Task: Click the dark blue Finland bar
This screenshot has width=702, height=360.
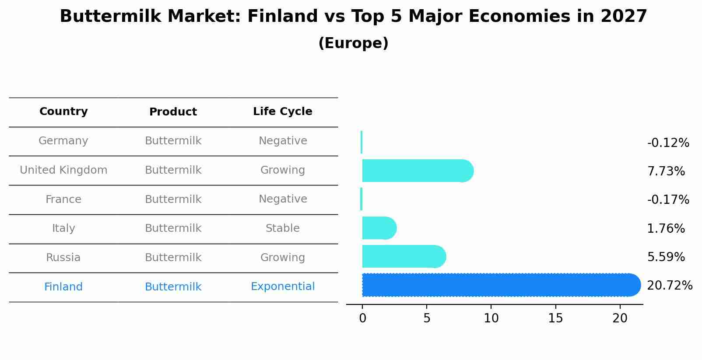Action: coord(502,285)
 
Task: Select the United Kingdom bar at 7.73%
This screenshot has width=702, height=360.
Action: coord(418,171)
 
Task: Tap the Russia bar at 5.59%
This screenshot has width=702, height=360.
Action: coord(404,256)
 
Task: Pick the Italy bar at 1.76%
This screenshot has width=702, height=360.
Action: coord(379,228)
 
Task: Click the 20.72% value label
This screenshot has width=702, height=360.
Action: coord(670,286)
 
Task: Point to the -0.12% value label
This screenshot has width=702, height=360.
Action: coord(668,143)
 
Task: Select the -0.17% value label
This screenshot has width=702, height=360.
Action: coord(668,199)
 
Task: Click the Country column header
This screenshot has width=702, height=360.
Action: coord(63,111)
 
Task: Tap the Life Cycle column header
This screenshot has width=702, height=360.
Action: coord(283,111)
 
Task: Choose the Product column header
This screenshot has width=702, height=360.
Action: coord(173,112)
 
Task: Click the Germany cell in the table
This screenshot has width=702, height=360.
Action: coord(63,141)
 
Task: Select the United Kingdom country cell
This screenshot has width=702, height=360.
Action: coord(63,170)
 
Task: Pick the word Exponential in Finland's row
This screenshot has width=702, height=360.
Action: coord(283,287)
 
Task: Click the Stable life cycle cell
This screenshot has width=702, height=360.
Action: coord(283,228)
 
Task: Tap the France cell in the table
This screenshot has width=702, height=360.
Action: coord(63,199)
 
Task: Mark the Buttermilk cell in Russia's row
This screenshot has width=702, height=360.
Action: coord(173,257)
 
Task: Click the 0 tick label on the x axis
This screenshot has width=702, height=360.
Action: coord(362,318)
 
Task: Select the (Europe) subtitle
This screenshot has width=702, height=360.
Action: coord(354,43)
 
